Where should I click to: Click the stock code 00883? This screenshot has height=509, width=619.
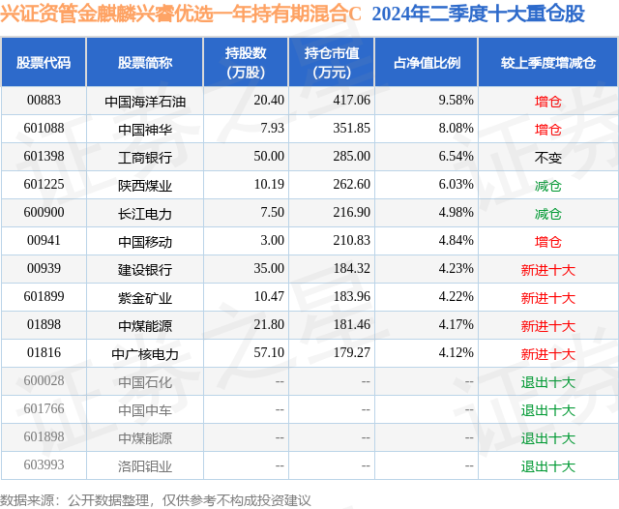[44, 101]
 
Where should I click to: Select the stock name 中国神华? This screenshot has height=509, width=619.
[145, 130]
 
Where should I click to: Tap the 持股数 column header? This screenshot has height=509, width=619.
[246, 62]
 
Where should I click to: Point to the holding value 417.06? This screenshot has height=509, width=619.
[351, 101]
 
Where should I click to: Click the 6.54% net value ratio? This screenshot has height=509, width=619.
[456, 157]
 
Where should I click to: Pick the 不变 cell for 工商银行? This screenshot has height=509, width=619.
[548, 158]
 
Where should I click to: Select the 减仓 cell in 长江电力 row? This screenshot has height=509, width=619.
[548, 214]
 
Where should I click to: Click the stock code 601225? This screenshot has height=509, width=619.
[44, 185]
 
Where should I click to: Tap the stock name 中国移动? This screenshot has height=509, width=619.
[145, 242]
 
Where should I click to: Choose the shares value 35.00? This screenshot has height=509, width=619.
[269, 268]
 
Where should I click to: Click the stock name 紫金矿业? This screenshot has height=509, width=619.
[145, 298]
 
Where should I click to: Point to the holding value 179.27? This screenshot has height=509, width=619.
[351, 352]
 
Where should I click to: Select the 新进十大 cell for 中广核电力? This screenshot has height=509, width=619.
[548, 354]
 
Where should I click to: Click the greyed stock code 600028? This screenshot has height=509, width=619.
[44, 380]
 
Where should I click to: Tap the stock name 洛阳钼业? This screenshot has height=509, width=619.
[145, 466]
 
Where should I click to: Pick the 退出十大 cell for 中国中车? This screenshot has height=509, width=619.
[548, 410]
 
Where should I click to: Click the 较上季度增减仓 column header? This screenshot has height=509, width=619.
[548, 63]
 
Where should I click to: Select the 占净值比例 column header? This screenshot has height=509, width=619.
[427, 63]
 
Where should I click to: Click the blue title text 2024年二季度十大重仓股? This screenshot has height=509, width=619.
[478, 15]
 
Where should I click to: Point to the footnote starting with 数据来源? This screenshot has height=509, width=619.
[156, 500]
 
